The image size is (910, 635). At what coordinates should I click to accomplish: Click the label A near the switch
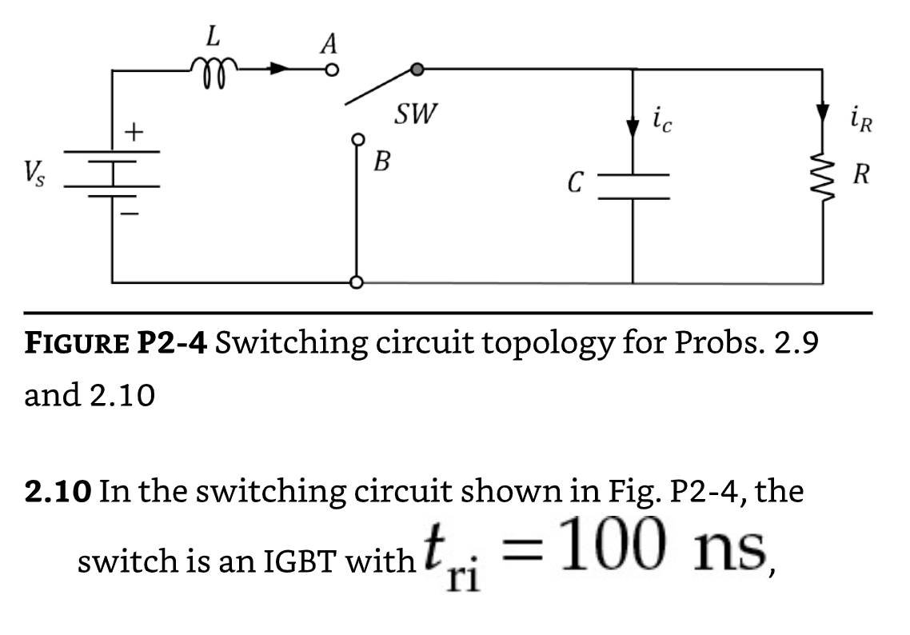(x=327, y=43)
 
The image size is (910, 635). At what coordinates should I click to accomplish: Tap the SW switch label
(x=417, y=115)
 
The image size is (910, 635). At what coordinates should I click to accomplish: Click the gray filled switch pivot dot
(x=417, y=70)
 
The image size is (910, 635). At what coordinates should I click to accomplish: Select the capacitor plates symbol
(x=633, y=186)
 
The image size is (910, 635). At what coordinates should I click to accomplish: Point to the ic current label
(x=663, y=121)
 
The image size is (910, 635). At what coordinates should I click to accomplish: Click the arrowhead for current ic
(x=633, y=129)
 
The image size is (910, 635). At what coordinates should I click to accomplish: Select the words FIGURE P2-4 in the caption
(x=116, y=343)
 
